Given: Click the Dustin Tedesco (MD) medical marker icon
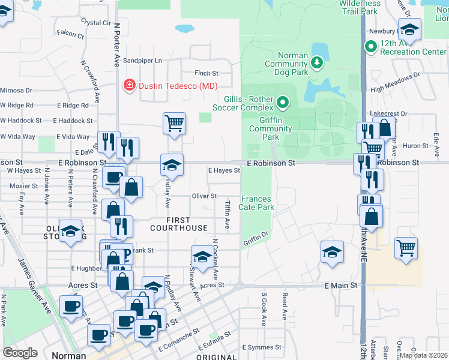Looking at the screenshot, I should coord(128,86).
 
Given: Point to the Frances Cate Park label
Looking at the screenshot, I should coord(258,203).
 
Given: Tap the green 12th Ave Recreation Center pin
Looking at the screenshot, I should coord(370,45).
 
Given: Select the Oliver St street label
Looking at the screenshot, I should coord(204,196).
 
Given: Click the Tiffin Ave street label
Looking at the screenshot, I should coord(227,214).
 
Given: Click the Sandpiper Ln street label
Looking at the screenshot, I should coord(143,61).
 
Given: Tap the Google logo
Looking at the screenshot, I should coord(20,352).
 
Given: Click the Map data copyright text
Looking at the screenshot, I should coord(422,355).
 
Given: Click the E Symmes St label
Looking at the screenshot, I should coord(262,347).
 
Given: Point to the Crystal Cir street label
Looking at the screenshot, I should coord(97,23).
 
